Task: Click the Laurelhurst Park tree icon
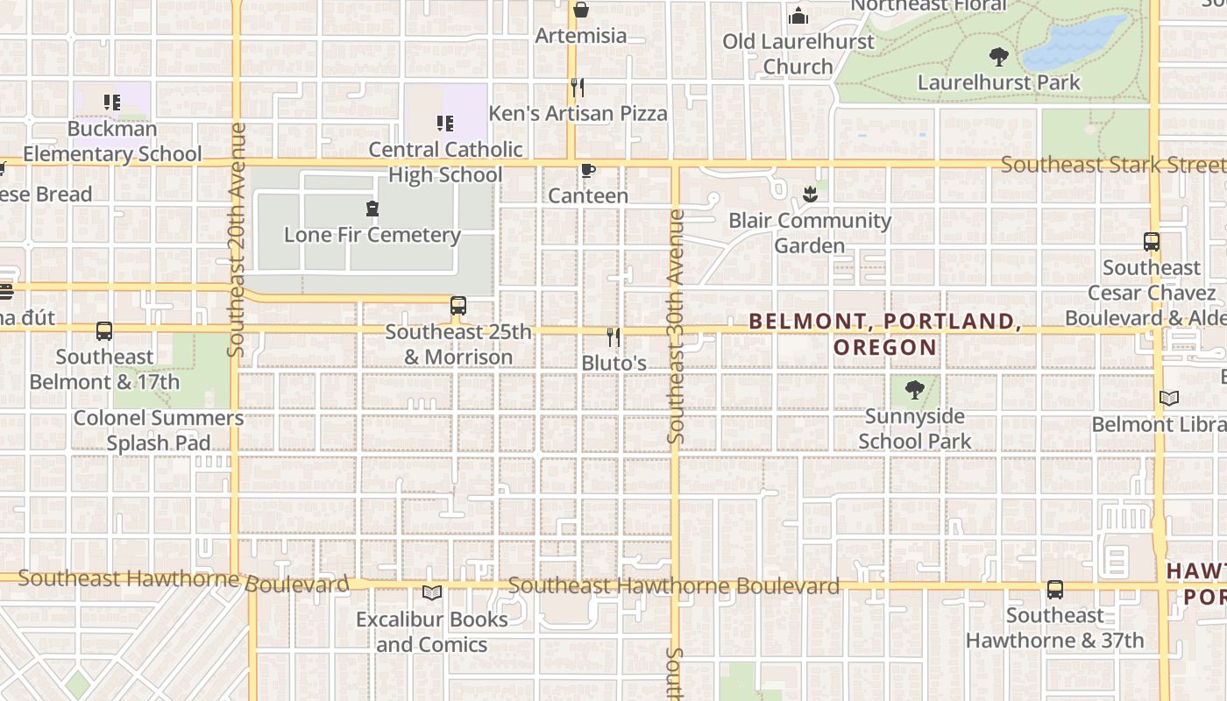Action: pyautogui.click(x=998, y=58)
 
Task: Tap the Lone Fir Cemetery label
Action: pyautogui.click(x=372, y=235)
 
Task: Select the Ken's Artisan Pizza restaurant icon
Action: pyautogui.click(x=577, y=88)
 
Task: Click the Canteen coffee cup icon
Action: pyautogui.click(x=587, y=170)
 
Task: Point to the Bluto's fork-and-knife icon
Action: pyautogui.click(x=613, y=336)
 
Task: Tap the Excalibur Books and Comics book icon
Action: pyautogui.click(x=431, y=593)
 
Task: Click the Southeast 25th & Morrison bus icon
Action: pyautogui.click(x=457, y=306)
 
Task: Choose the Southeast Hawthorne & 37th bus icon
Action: pyautogui.click(x=1055, y=590)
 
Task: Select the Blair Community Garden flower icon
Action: pyautogui.click(x=809, y=195)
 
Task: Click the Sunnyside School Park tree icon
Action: pyautogui.click(x=914, y=390)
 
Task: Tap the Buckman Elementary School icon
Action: pyautogui.click(x=111, y=103)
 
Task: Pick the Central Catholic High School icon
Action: pyautogui.click(x=444, y=124)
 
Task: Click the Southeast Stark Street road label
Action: pyautogui.click(x=1112, y=165)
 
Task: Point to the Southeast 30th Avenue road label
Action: pyautogui.click(x=675, y=325)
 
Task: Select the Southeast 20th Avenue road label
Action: pyautogui.click(x=236, y=239)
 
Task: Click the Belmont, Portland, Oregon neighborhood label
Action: pyautogui.click(x=885, y=334)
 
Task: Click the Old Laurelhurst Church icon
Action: pyautogui.click(x=798, y=16)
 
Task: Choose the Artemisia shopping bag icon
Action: pyautogui.click(x=580, y=10)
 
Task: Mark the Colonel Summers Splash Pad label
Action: pyautogui.click(x=159, y=430)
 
